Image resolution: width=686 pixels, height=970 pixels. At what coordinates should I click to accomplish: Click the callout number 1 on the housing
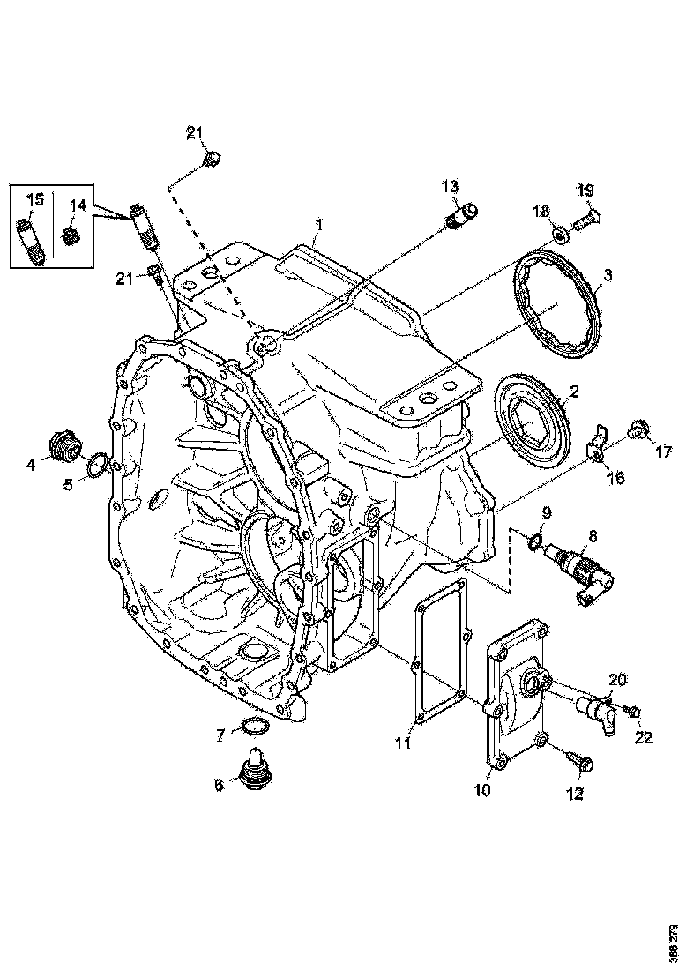(x=319, y=226)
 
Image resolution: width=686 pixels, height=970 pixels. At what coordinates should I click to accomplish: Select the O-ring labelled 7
(x=254, y=726)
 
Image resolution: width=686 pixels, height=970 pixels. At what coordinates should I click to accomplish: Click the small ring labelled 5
(x=99, y=466)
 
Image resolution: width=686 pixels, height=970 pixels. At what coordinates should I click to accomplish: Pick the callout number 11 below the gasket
(x=402, y=743)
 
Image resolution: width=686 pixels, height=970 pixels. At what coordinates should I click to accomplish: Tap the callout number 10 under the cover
(x=482, y=790)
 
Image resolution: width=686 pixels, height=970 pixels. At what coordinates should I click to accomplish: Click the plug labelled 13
(x=461, y=213)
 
